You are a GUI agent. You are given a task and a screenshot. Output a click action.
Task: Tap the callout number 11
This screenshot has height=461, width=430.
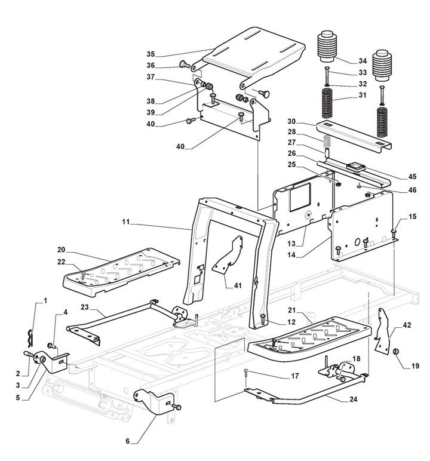(125, 223)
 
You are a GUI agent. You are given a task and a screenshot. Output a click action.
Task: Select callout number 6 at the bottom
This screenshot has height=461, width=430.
(127, 442)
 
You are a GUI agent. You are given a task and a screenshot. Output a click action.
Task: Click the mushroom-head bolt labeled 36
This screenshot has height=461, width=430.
(182, 64)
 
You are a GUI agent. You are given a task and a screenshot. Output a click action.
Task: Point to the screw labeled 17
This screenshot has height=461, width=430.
(246, 374)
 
